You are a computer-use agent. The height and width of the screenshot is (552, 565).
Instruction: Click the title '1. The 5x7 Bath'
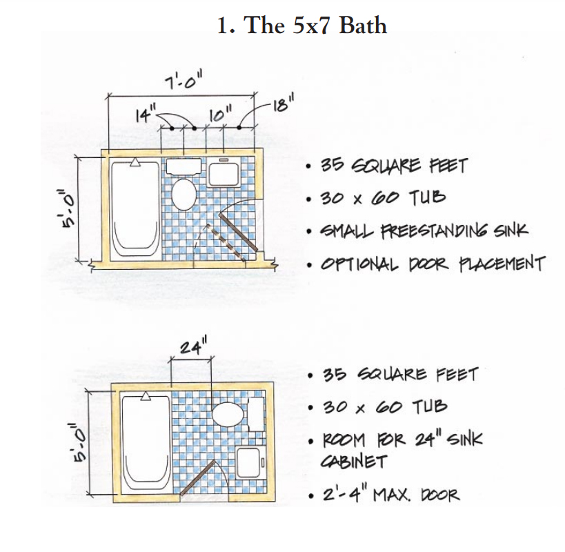(x=302, y=26)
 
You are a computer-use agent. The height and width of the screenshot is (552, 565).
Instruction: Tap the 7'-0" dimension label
(x=184, y=79)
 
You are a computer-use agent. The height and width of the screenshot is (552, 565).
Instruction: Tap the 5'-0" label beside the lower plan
(x=79, y=442)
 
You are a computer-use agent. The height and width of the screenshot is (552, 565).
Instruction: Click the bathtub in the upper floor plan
(x=135, y=210)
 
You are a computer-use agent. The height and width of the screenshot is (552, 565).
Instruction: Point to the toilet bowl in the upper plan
(x=184, y=194)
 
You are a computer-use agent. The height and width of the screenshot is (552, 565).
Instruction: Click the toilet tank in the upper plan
(x=184, y=166)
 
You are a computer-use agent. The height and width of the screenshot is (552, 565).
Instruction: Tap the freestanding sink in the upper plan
(x=224, y=173)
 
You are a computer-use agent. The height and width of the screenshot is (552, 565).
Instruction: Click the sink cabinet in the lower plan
(x=251, y=462)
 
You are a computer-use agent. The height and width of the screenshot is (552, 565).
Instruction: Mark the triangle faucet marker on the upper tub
(x=135, y=162)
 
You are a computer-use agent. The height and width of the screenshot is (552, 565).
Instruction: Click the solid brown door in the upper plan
(x=238, y=232)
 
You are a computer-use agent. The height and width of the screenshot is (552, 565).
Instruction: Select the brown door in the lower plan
(x=198, y=477)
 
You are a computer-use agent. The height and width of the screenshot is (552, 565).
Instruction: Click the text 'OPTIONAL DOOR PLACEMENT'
(x=433, y=264)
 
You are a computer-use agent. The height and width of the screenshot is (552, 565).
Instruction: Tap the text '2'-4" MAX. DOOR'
(x=391, y=494)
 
